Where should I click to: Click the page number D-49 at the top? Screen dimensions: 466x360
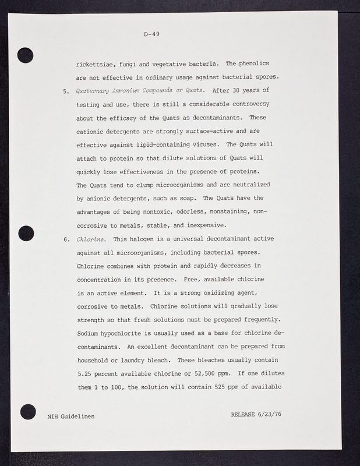(152, 34)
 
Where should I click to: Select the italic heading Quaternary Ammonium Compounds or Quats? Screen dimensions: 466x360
(140, 90)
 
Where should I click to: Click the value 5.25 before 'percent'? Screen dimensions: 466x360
(87, 374)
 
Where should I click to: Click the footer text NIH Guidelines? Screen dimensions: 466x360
(70, 416)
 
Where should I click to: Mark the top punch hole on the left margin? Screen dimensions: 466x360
(26, 54)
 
